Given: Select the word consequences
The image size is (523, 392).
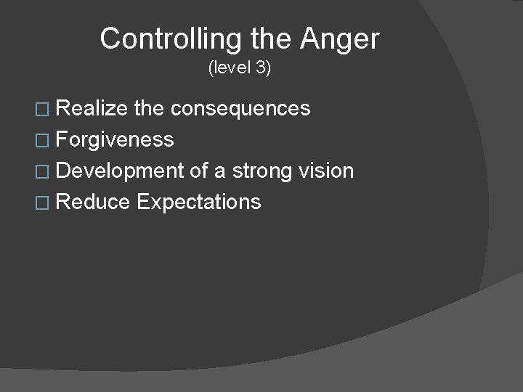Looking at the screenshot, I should [x=240, y=109].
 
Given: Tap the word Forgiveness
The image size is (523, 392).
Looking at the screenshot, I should [x=114, y=139].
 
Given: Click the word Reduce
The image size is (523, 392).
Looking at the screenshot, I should [x=92, y=201].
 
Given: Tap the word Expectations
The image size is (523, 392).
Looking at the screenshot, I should [x=198, y=201].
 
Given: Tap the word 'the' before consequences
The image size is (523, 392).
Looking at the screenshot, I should [x=149, y=109].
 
